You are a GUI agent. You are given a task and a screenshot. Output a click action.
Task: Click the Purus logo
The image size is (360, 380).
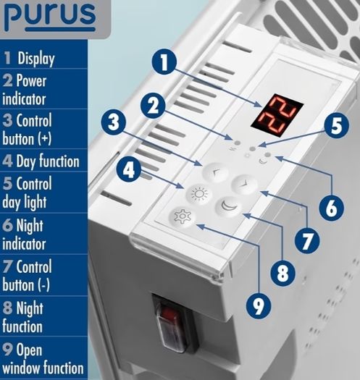point(50,16)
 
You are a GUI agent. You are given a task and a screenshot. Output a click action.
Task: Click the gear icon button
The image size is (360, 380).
point(183,216)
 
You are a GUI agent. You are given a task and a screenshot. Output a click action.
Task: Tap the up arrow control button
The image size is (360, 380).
point(215,172)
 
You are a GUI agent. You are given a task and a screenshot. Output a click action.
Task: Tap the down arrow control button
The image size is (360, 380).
point(244,184)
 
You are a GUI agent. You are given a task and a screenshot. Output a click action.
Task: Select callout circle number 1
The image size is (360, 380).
point(164,62)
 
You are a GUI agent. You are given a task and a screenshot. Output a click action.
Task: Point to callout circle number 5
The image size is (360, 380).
point(336,125)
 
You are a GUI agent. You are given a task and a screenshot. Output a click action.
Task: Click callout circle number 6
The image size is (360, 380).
point(331,208)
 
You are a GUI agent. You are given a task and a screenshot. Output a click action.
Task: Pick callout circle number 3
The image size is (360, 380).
point(114,122)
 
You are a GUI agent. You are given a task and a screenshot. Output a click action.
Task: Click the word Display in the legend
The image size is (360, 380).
point(36,59)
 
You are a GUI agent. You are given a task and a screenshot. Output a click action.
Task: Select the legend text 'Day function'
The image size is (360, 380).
point(48,161)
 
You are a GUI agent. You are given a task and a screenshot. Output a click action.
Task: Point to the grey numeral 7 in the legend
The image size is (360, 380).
point(7,266)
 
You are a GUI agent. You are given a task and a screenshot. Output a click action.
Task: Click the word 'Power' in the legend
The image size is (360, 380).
point(31,80)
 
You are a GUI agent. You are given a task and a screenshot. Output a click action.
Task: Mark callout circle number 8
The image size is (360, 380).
point(282,274)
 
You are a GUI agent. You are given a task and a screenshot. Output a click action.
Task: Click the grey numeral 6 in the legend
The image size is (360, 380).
point(7,225)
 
